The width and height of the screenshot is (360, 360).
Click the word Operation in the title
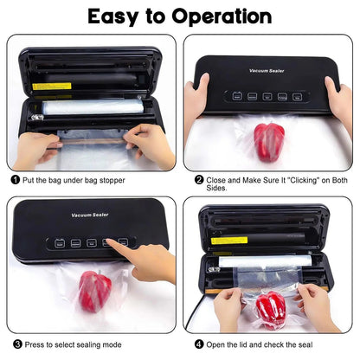pos(216,17)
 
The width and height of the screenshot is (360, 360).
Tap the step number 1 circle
pos(16,179)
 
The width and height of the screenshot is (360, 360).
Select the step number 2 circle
pos(199,179)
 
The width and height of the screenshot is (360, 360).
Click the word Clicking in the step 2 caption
pos(292,179)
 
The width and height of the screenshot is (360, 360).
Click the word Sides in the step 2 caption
pos(218,190)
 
